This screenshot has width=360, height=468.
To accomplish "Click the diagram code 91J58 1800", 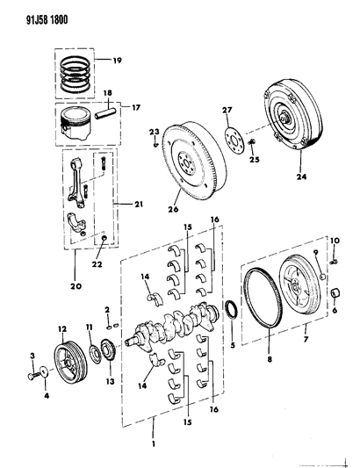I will [37, 14].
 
